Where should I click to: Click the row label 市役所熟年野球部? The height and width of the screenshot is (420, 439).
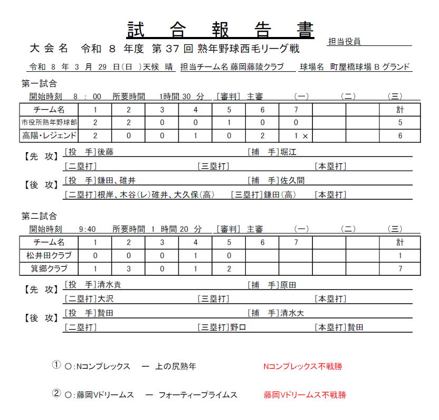tap(49, 123)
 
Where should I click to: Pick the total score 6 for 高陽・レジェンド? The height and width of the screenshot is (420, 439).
tap(400, 136)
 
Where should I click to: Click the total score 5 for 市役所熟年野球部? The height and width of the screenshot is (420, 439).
tap(400, 123)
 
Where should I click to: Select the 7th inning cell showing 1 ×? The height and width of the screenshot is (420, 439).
tap(301, 136)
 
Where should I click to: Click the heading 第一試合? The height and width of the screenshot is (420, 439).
tap(39, 83)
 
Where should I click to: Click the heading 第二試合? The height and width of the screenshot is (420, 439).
tap(39, 216)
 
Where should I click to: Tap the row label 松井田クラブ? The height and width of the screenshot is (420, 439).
tap(49, 255)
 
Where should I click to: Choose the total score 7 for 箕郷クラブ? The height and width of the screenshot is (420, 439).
tap(400, 268)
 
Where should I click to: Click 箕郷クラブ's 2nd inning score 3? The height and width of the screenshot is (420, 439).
tap(128, 268)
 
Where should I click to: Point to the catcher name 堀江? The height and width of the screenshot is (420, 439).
tap(289, 153)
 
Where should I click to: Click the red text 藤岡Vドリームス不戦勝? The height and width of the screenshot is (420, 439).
tap(304, 395)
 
